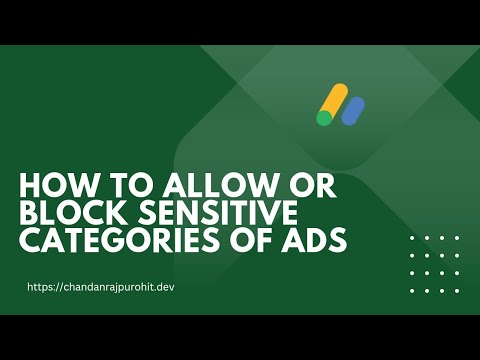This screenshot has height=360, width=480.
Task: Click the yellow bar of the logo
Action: tap(334, 101)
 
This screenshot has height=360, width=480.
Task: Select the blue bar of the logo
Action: tap(352, 110)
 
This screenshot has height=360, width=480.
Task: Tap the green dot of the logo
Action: tap(324, 118)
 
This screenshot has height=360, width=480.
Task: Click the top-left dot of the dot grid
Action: tap(413, 238)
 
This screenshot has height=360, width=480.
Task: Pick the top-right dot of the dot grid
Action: tap(456, 238)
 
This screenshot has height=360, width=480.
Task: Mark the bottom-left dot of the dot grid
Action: tap(413, 291)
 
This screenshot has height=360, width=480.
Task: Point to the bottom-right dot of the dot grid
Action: tap(456, 291)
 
